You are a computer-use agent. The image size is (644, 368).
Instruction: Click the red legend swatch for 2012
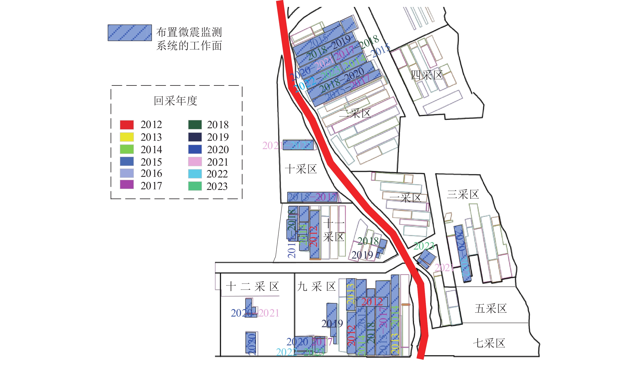point(127,125)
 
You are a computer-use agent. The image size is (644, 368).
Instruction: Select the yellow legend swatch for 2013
point(127,137)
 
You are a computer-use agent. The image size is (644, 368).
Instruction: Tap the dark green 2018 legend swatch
point(195,125)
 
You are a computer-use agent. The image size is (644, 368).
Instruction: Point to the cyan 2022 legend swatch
point(195,174)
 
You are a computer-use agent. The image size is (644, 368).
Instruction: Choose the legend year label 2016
point(151,174)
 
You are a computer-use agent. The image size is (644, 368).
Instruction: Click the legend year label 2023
point(217,186)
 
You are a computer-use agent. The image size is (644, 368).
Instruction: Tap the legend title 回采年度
point(176,101)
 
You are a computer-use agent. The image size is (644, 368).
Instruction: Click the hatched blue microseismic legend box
point(130,33)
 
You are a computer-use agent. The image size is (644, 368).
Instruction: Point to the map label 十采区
point(301,169)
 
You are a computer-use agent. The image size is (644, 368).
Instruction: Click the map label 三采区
point(463,194)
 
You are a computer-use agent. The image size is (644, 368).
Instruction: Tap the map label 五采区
point(490,309)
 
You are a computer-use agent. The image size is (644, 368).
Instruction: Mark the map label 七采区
point(489,343)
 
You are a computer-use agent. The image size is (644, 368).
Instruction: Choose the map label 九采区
point(316,287)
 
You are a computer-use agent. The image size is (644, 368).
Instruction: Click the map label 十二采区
point(252,287)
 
